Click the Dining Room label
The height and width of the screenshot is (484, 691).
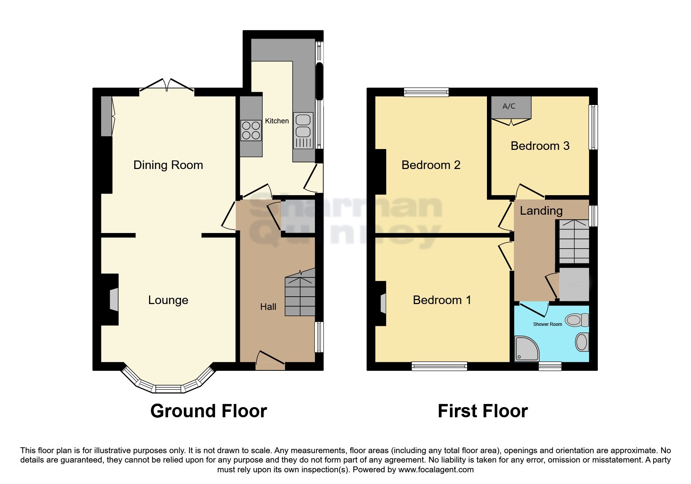[168, 165]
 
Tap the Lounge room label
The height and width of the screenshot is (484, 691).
[168, 300]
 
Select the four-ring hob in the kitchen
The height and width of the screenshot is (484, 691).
[251, 130]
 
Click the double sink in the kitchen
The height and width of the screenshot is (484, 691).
[304, 125]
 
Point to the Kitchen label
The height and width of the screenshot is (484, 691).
[277, 121]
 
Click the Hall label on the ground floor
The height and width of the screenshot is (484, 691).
[268, 307]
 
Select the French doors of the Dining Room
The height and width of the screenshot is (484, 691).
[167, 85]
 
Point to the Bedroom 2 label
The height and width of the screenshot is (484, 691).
[431, 165]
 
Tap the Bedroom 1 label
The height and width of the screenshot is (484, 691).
[442, 300]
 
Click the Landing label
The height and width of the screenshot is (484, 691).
[541, 211]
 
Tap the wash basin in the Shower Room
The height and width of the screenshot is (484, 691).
[582, 342]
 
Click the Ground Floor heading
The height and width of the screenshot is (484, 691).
[208, 411]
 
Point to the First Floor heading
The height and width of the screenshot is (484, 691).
[483, 411]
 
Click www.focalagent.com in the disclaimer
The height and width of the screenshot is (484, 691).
[435, 470]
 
